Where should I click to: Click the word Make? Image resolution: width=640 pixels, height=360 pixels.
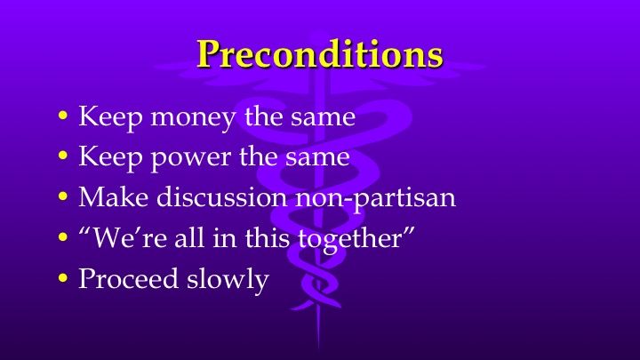[x=108, y=196]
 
